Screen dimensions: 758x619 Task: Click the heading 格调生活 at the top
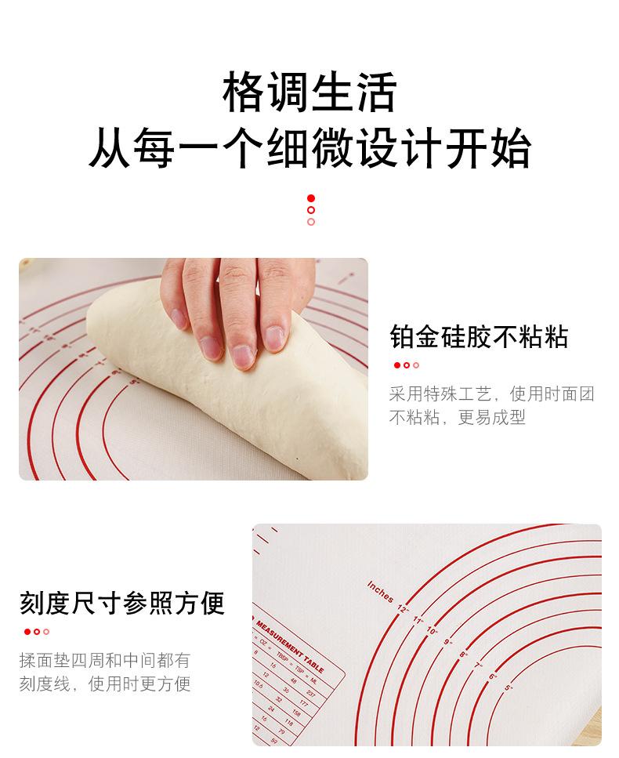coord(309,93)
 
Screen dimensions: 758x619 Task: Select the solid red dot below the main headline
coord(311,198)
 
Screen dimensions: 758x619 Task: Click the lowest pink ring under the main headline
coord(311,222)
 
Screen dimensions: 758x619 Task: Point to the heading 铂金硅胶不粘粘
coord(479,337)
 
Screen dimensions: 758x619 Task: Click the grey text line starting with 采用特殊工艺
coord(491,394)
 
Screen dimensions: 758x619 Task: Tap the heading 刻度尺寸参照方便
coord(122,603)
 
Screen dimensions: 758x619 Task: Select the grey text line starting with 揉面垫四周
coord(105,660)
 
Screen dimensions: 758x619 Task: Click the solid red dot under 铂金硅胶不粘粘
coord(397,365)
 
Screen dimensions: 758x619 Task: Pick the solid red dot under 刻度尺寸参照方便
coord(27,632)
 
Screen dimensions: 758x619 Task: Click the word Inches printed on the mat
coord(380,593)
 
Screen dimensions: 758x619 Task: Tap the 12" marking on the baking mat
coord(403,607)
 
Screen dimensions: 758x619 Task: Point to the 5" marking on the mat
coord(509,687)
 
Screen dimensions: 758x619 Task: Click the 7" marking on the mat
coord(478,666)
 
